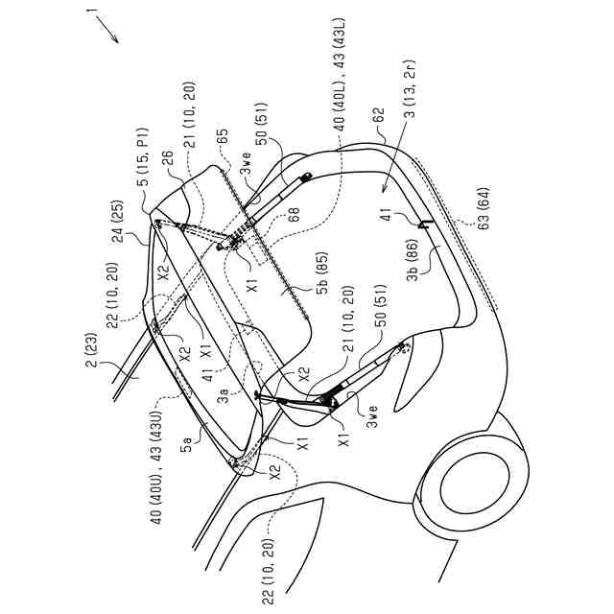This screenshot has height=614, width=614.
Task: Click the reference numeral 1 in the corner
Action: coord(91,12)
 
